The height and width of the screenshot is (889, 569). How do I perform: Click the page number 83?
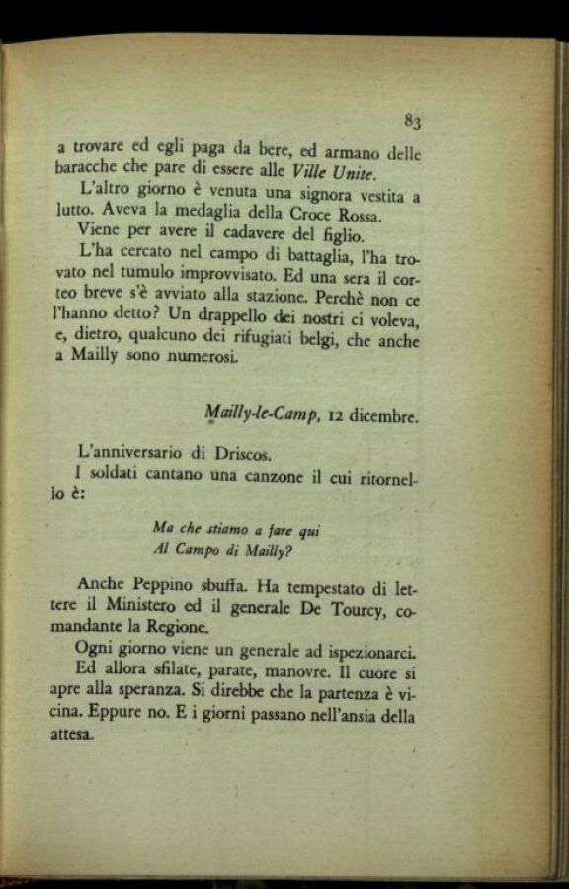412,122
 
